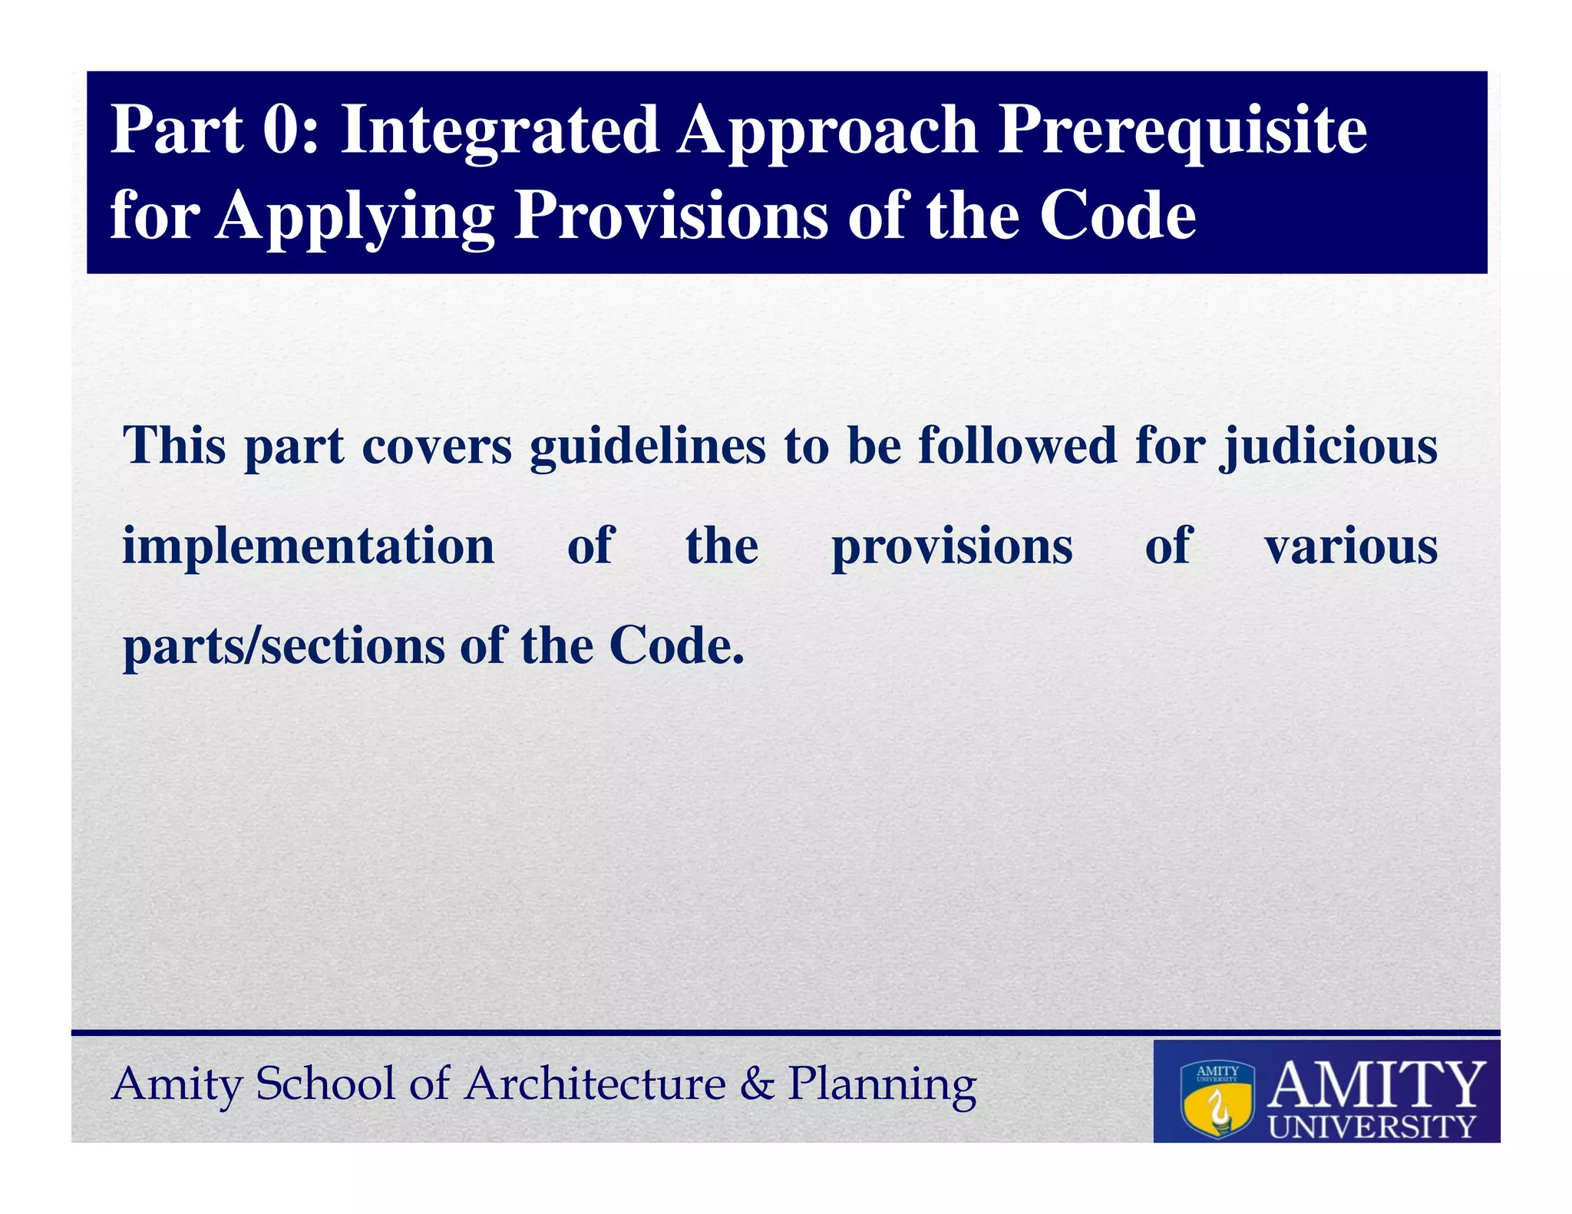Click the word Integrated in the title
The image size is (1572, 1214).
point(499,130)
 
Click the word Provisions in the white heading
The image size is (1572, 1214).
point(672,216)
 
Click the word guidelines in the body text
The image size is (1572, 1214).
point(647,447)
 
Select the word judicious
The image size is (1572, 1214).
point(1329,447)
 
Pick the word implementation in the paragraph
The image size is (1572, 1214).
point(309,546)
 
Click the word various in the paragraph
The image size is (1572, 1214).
point(1351,546)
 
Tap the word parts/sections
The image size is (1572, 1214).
point(283,646)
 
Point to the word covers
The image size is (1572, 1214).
point(436,447)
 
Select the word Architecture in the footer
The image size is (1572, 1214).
point(595,1084)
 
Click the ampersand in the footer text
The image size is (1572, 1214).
point(758,1084)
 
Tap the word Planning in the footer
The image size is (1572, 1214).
point(882,1085)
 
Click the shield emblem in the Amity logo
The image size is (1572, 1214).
point(1217,1099)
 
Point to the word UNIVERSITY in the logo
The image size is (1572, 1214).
point(1372,1127)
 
